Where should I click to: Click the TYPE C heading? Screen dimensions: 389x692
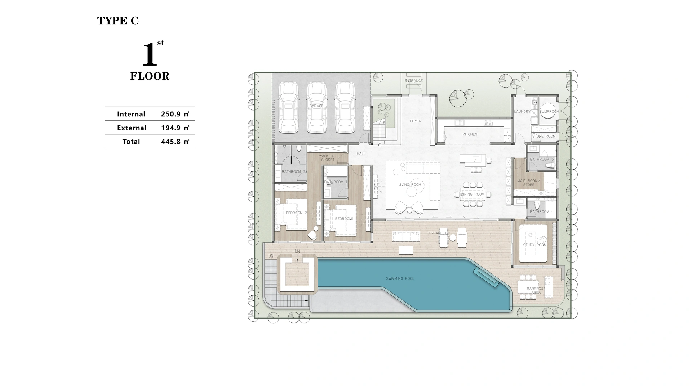coord(118,21)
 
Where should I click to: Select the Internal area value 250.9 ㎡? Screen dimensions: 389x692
coord(175,114)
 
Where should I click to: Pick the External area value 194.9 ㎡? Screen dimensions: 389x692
coord(175,128)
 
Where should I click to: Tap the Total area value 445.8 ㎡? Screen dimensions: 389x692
coord(175,142)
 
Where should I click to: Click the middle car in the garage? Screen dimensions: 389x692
coord(316,107)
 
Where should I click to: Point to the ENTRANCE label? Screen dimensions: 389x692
coord(413,81)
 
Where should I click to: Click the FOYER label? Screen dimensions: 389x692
coord(415,121)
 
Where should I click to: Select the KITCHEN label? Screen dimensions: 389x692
coord(470,134)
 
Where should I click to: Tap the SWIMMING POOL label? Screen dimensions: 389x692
coord(400,278)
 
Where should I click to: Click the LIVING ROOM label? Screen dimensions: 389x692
coord(409,185)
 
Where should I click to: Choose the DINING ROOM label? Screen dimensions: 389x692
coord(473,194)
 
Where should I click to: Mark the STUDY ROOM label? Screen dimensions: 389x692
coord(534,245)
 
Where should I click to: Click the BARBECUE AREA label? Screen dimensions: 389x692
coord(536,290)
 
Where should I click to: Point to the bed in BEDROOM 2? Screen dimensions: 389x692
coord(290,214)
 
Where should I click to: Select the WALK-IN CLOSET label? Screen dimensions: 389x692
coord(327,158)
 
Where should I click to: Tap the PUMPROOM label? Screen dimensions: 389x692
coord(549,112)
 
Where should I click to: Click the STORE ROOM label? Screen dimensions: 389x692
coord(544,137)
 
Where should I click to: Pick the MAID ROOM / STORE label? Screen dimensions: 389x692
coord(528,183)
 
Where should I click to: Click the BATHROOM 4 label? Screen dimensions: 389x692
coord(542,212)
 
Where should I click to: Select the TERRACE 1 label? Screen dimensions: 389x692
coord(436,233)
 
